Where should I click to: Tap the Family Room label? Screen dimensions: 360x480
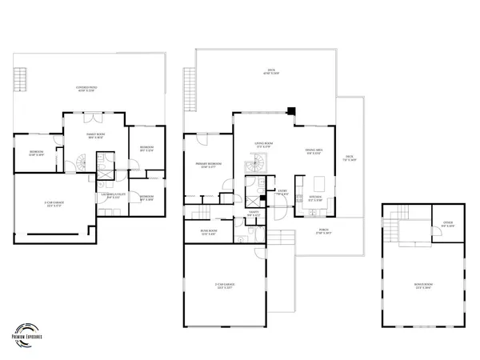click(96, 137)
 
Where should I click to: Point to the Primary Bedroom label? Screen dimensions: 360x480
click(209, 165)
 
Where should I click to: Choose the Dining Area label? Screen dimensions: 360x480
click(315, 153)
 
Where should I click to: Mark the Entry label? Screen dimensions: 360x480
click(282, 192)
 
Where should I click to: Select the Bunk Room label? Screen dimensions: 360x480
click(209, 233)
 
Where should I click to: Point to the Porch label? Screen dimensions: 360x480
click(324, 233)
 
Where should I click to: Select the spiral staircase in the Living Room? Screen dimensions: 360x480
click(258, 165)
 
